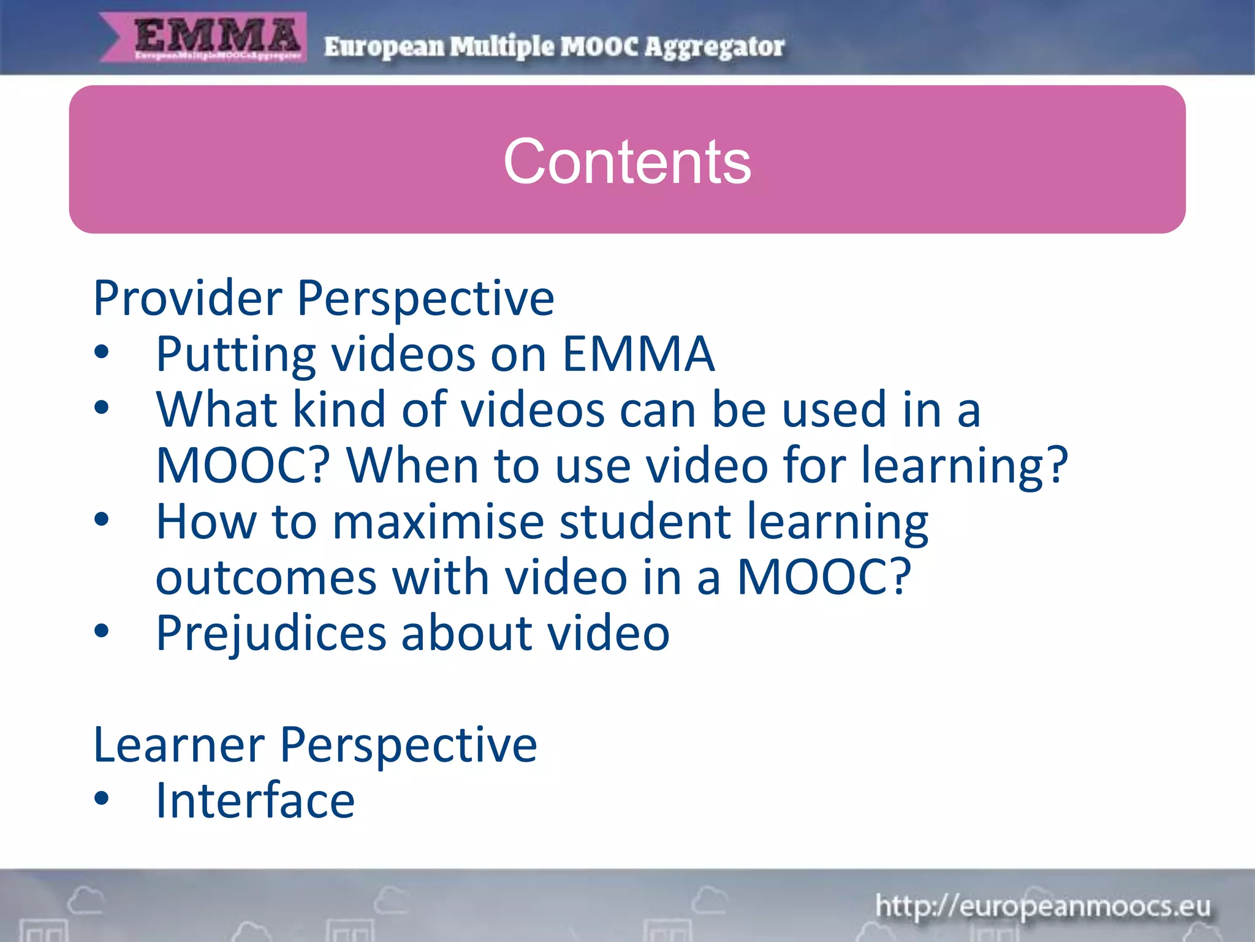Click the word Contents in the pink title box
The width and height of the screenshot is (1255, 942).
pyautogui.click(x=627, y=161)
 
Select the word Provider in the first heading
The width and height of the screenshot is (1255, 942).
pyautogui.click(x=188, y=298)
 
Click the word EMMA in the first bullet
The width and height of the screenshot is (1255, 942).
pyautogui.click(x=638, y=354)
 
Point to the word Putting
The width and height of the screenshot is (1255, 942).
pyautogui.click(x=236, y=355)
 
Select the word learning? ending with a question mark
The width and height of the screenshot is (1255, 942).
pyautogui.click(x=965, y=466)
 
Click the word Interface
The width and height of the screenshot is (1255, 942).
pyautogui.click(x=255, y=801)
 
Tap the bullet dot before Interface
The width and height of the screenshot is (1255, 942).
pyautogui.click(x=102, y=798)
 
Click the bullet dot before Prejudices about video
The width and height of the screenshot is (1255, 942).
pyautogui.click(x=102, y=630)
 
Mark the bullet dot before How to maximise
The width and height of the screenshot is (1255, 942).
pyautogui.click(x=102, y=519)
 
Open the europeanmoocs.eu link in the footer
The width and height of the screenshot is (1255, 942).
pyautogui.click(x=1042, y=906)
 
